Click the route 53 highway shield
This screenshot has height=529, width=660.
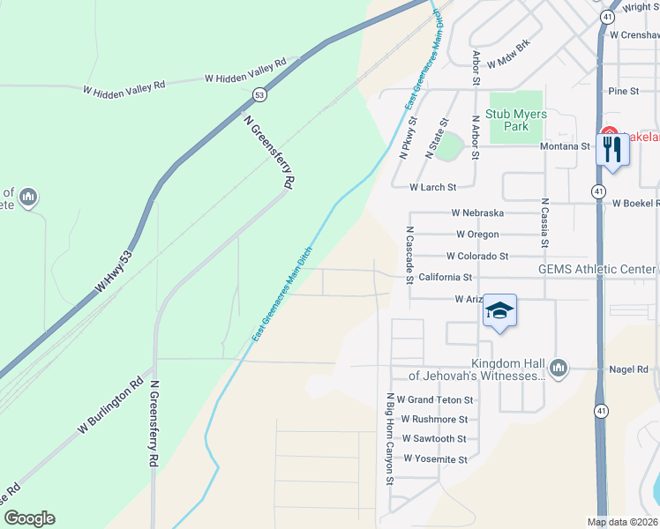259,93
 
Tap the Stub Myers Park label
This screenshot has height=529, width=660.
517,120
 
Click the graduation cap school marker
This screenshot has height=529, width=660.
499,311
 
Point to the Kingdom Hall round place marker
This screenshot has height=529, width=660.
558,367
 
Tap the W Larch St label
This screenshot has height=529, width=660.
432,188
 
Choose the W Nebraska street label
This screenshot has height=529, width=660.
477,213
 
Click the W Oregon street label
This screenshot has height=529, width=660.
477,235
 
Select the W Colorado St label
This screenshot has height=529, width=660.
477,257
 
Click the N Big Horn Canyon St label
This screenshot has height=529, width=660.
387,438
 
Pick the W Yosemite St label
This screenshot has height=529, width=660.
435,459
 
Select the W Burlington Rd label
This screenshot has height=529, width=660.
109,406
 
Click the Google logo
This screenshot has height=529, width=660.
29,518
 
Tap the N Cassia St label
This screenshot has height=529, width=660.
545,221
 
